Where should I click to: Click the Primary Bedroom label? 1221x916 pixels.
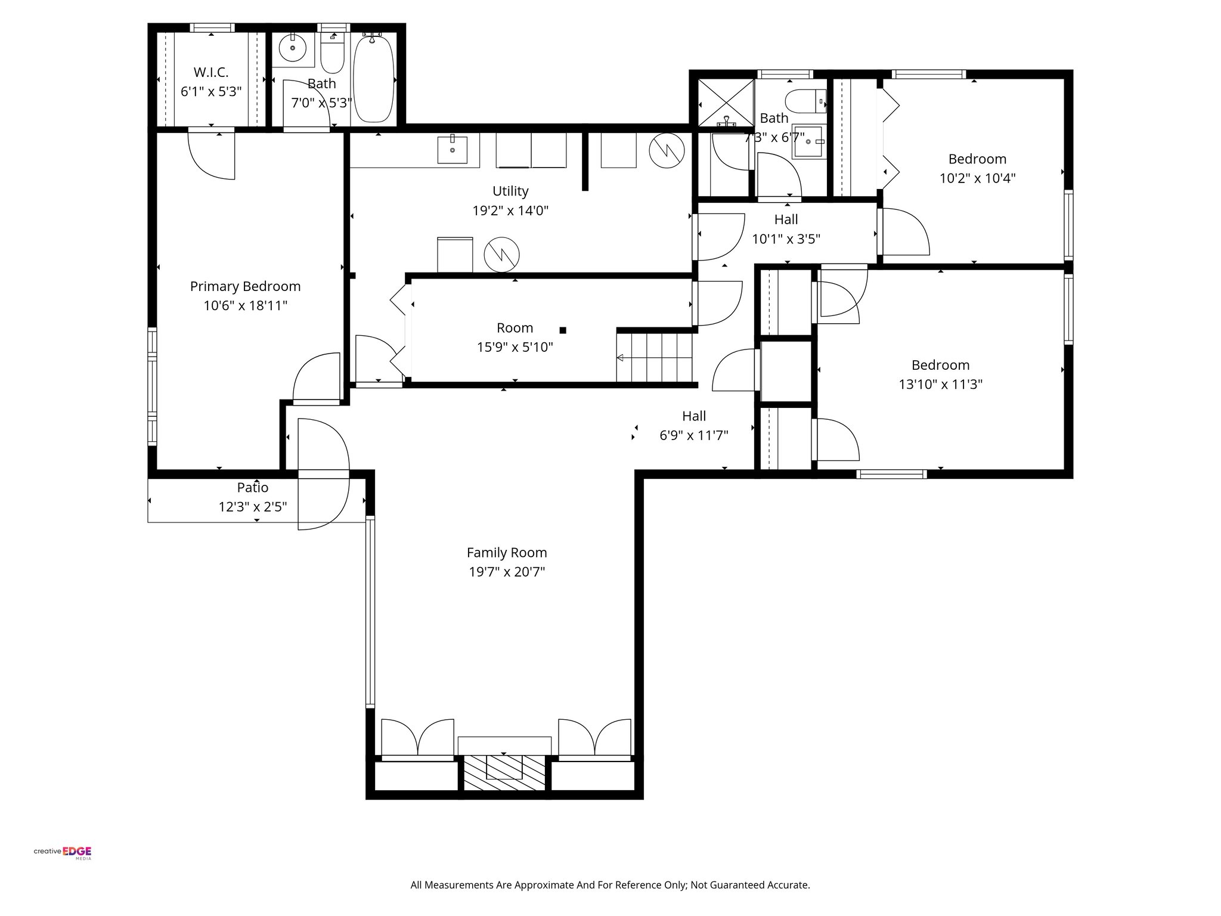click(245, 286)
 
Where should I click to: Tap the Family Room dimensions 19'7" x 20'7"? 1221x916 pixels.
click(507, 572)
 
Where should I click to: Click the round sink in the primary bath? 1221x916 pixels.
click(293, 48)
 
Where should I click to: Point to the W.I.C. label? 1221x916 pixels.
click(210, 72)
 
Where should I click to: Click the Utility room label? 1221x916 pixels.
click(510, 191)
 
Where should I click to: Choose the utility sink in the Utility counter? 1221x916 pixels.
click(452, 150)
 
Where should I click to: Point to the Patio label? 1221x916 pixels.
click(253, 487)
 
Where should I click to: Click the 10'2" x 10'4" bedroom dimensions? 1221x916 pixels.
click(977, 178)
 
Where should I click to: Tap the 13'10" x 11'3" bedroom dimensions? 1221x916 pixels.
click(940, 384)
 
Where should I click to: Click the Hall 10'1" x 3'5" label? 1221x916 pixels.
click(786, 220)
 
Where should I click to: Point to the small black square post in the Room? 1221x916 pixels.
click(562, 330)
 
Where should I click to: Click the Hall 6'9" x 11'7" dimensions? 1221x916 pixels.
click(693, 435)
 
